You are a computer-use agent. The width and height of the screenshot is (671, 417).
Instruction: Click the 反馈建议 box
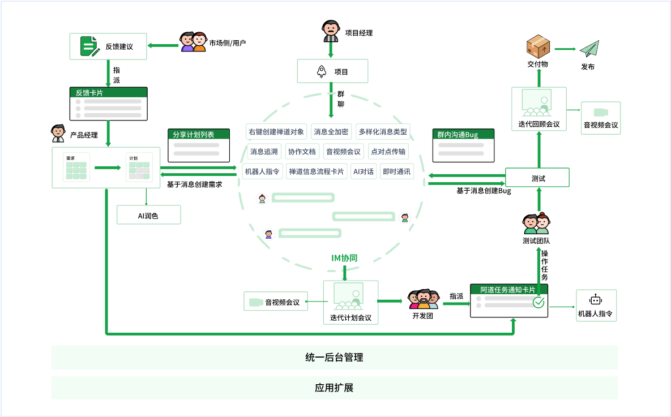tap(108, 46)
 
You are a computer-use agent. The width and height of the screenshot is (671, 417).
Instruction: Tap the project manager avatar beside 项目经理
tap(331, 32)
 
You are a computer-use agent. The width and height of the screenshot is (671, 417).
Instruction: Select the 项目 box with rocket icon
tap(332, 71)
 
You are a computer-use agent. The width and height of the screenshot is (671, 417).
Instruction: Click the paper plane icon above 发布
tap(589, 49)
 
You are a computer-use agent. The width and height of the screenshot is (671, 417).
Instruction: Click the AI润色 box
tap(148, 215)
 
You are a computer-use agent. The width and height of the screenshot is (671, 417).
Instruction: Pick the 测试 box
tap(537, 178)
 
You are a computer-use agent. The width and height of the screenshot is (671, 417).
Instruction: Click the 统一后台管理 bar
tap(334, 358)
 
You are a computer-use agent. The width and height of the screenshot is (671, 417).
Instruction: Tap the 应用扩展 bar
tap(334, 388)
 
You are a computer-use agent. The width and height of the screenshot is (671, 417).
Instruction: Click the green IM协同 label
tap(344, 258)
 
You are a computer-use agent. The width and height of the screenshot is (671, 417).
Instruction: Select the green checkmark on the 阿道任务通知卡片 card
tap(538, 303)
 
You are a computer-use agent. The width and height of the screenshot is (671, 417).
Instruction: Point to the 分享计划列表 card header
tap(199, 134)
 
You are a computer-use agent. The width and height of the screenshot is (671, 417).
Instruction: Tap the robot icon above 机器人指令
tap(595, 300)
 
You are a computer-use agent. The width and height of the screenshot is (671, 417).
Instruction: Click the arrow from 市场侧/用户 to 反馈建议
tap(163, 45)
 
